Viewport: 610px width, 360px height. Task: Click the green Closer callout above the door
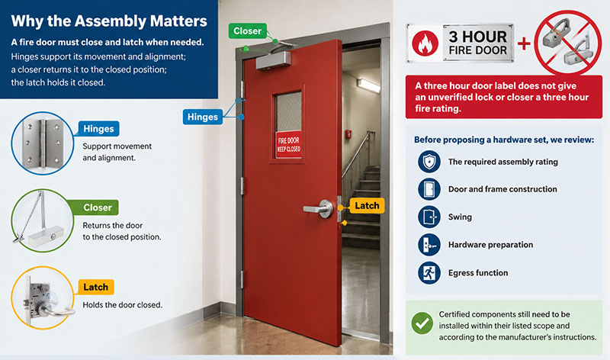247,31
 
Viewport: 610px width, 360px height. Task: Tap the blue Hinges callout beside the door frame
203,117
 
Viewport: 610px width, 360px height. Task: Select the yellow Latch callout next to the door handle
367,205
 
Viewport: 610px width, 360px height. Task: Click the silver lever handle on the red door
319,208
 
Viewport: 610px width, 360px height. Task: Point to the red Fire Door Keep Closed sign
289,144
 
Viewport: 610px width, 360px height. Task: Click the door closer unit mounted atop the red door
273,60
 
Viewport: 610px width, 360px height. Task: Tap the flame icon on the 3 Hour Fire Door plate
425,43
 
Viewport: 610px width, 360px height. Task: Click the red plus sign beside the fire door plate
524,43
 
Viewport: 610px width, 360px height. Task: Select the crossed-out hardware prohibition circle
568,43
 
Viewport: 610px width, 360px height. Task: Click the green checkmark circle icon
422,323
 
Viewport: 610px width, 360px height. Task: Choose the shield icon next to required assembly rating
429,162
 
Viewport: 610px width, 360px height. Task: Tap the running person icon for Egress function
429,273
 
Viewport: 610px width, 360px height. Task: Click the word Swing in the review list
460,217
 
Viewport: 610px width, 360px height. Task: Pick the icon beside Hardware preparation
429,245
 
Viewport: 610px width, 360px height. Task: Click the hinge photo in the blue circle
43,143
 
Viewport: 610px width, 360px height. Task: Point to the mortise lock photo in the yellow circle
43,297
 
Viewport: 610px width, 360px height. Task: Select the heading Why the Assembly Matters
109,21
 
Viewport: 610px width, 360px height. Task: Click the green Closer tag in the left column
97,207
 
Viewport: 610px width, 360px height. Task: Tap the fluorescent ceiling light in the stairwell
368,85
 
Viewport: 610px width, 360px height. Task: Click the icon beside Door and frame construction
429,189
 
